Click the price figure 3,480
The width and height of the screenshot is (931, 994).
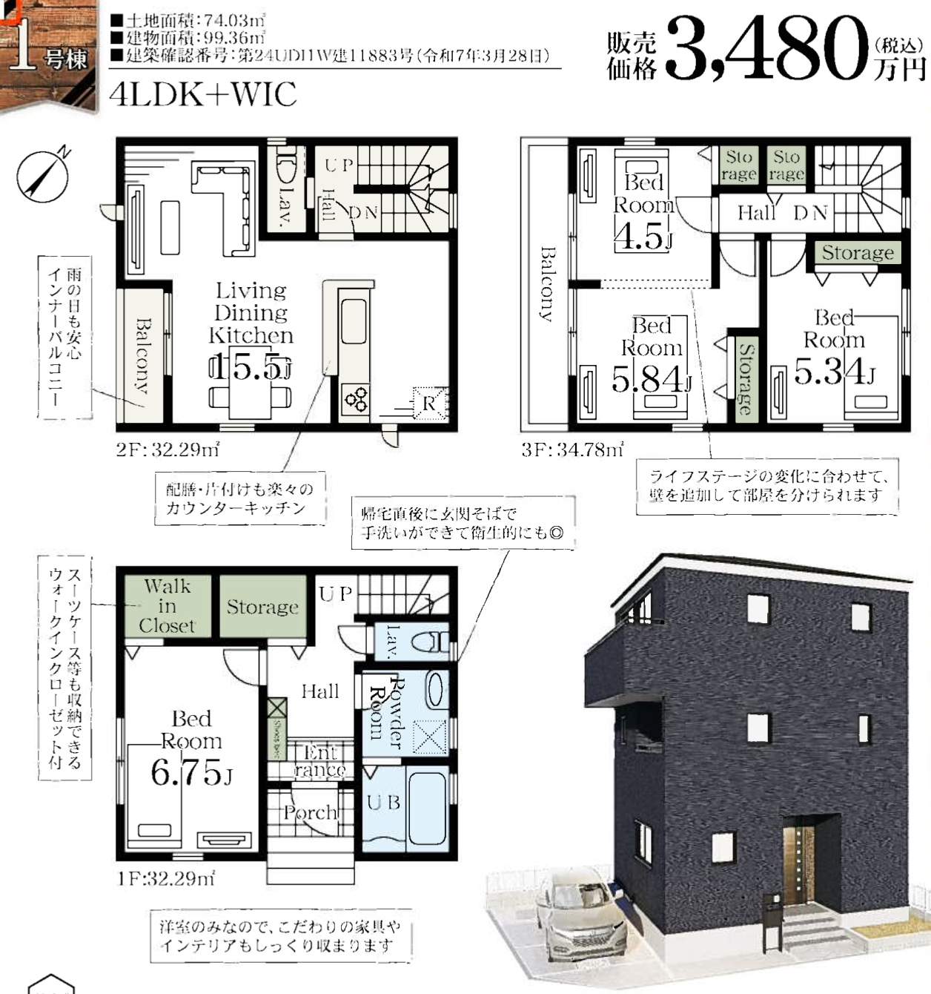coord(767,48)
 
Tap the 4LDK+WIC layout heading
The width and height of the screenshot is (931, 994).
coord(202,94)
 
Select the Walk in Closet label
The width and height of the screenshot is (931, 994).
coord(167,606)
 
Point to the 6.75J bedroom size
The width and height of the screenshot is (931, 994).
coord(191,772)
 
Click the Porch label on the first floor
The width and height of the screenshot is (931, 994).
coord(310,812)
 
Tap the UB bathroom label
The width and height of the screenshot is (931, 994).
coord(383,802)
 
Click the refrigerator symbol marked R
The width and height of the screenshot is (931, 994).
coord(428,404)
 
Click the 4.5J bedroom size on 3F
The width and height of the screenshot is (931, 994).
coord(643,237)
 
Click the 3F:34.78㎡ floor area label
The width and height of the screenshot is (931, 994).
coord(571,450)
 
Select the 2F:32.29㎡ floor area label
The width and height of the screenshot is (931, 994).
coord(168,450)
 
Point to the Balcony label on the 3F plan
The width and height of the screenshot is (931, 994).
coord(547,284)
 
